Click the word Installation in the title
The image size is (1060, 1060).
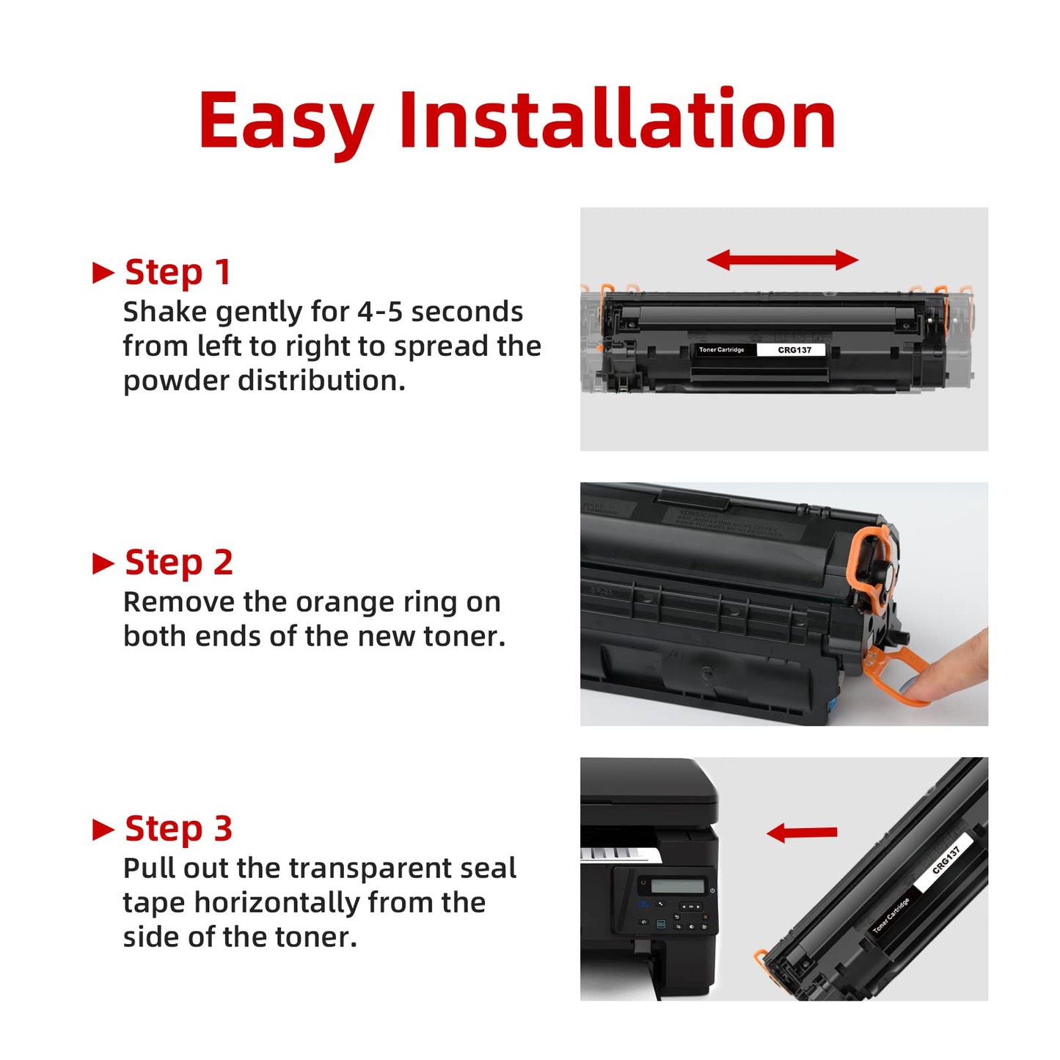coord(617,120)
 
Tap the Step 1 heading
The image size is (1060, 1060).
coord(178,272)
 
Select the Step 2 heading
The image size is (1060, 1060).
coord(178,563)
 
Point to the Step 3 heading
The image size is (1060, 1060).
coord(178,829)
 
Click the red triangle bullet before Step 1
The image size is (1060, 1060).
coord(103,274)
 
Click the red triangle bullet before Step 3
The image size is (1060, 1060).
coord(103,830)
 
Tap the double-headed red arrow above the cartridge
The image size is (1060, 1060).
coord(782,260)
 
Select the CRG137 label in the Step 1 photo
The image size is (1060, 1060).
coord(794,350)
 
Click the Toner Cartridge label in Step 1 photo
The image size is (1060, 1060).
coord(721,350)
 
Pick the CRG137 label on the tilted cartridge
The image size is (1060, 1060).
coord(946,860)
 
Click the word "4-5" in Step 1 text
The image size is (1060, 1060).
coord(379,312)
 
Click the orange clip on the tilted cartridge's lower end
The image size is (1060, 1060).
coord(762,957)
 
